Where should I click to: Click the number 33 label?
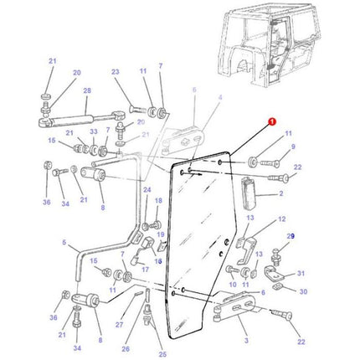[93, 131]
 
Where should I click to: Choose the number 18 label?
[158, 202]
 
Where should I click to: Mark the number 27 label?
[119, 326]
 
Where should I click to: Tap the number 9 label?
[291, 147]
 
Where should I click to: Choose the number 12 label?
[280, 219]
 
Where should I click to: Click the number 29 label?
[291, 237]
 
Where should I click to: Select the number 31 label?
[302, 273]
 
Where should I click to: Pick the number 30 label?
[303, 291]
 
